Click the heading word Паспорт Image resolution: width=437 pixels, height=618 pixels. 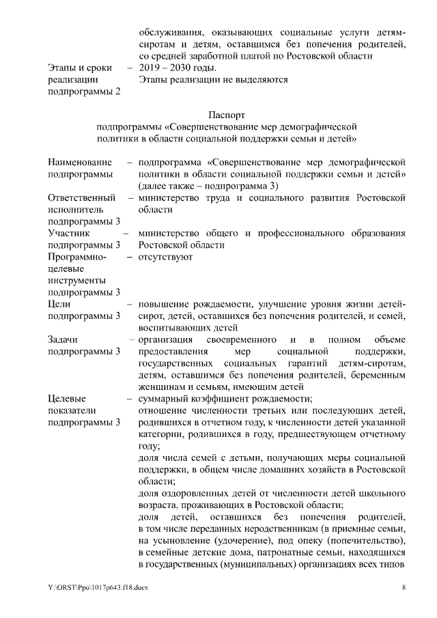227,115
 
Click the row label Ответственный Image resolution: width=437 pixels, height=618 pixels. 81,198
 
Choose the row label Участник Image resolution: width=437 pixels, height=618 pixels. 70,234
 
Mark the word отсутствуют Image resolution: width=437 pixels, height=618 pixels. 165,257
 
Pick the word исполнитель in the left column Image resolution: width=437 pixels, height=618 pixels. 75,210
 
